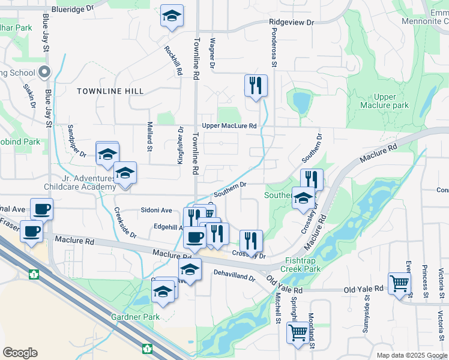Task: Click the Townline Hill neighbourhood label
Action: click(x=110, y=91)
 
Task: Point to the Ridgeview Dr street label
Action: click(x=291, y=22)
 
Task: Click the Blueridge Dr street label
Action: click(x=73, y=10)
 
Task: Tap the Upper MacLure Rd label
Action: click(x=229, y=126)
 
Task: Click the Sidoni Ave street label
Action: click(x=156, y=210)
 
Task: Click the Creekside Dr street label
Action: click(x=125, y=223)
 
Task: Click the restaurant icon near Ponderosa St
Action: click(x=256, y=85)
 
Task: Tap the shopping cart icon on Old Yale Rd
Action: click(x=399, y=283)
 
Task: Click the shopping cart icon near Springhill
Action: click(x=297, y=333)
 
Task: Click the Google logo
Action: click(x=20, y=353)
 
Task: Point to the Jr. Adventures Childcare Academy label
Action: click(x=78, y=182)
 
